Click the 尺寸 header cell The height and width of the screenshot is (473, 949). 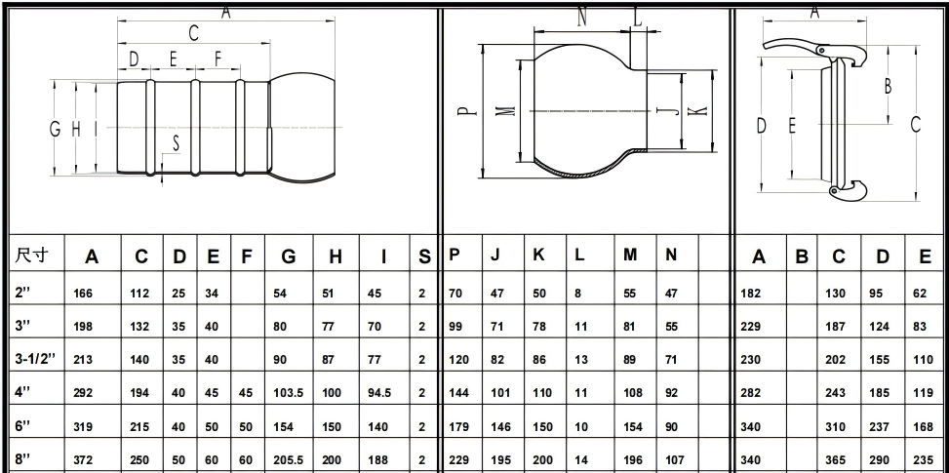31,256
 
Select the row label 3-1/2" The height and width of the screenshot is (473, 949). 35,358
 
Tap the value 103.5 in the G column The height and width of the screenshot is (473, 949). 288,393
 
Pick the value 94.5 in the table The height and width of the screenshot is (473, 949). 379,393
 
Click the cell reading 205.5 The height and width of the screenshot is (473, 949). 288,459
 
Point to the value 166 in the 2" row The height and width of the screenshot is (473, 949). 83,294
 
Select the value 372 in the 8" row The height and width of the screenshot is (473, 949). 83,459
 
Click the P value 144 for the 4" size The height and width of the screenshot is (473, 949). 458,393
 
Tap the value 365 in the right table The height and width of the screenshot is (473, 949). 835,460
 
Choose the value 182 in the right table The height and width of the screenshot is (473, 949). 750,294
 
